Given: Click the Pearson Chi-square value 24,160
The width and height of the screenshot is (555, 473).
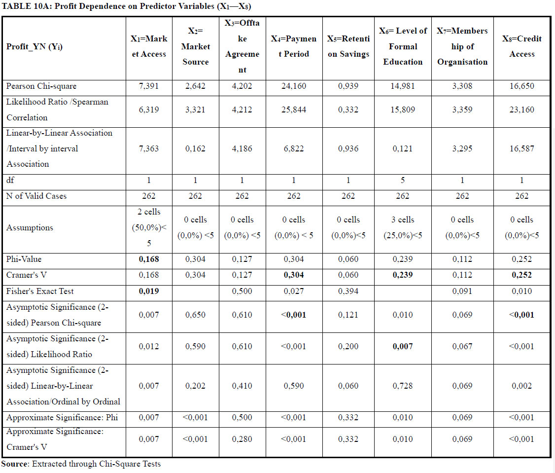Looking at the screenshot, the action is pyautogui.click(x=294, y=86).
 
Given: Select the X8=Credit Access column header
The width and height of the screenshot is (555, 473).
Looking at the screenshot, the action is pyautogui.click(x=521, y=46).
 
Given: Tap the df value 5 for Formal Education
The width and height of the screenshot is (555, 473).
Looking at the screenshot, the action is pyautogui.click(x=402, y=181).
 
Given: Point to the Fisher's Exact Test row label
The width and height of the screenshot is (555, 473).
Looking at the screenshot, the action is pyautogui.click(x=40, y=291).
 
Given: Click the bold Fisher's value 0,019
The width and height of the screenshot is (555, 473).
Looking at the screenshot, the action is pyautogui.click(x=149, y=291).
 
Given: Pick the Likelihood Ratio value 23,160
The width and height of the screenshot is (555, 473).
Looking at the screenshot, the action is pyautogui.click(x=521, y=110).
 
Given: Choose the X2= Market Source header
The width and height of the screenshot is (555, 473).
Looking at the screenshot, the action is pyautogui.click(x=195, y=46).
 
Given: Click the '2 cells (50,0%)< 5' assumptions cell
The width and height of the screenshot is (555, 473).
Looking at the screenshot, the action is pyautogui.click(x=149, y=227).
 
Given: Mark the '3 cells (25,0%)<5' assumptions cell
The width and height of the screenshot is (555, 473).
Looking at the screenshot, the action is pyautogui.click(x=403, y=227).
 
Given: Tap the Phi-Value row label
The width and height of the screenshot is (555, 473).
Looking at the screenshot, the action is pyautogui.click(x=24, y=259).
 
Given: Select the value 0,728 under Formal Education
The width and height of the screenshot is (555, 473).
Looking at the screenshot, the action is pyautogui.click(x=402, y=386).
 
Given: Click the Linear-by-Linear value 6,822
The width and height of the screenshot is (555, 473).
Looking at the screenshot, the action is pyautogui.click(x=294, y=149).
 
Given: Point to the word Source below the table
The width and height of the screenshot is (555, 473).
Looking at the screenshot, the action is pyautogui.click(x=14, y=464).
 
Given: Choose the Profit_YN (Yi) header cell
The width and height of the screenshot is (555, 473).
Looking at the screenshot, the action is pyautogui.click(x=35, y=46).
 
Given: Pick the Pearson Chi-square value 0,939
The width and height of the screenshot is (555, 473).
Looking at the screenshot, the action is pyautogui.click(x=348, y=86).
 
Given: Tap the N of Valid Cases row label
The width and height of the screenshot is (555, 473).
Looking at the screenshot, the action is pyautogui.click(x=36, y=196).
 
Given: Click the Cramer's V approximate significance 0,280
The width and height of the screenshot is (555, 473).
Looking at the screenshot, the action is pyautogui.click(x=242, y=439).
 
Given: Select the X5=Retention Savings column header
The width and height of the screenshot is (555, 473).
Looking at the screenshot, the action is pyautogui.click(x=348, y=46).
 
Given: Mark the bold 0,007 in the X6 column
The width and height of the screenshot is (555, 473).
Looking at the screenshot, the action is pyautogui.click(x=402, y=347).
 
